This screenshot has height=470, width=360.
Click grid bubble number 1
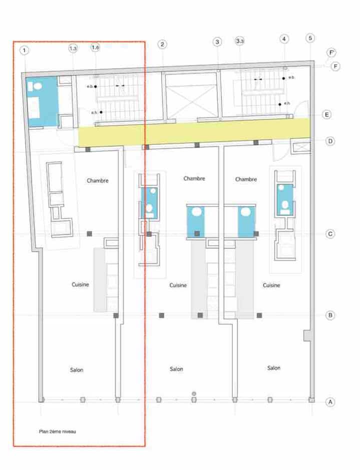click(x=24, y=50)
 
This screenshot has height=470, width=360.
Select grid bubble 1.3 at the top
click(x=73, y=48)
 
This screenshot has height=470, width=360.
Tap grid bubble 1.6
click(x=95, y=47)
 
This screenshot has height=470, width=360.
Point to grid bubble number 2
click(x=162, y=44)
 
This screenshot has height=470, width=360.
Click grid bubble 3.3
click(x=239, y=41)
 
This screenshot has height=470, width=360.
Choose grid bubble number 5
click(x=310, y=38)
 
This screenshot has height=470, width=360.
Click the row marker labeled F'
click(x=331, y=53)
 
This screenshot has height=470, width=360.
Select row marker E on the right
click(x=326, y=114)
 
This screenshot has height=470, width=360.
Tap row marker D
click(x=330, y=141)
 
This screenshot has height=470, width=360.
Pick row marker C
click(x=330, y=234)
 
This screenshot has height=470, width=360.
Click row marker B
click(x=330, y=315)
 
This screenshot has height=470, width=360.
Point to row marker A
click(x=330, y=402)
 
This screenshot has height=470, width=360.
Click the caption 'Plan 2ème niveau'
click(x=57, y=431)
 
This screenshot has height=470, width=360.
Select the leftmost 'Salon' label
click(x=76, y=370)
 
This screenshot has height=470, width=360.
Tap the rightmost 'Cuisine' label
click(x=271, y=285)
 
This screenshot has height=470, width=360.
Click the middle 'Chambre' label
click(x=194, y=178)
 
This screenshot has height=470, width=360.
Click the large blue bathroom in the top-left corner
click(x=41, y=102)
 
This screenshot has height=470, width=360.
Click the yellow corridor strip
click(x=194, y=132)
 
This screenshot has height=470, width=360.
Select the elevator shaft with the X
click(x=191, y=95)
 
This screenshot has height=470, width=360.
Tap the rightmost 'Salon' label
click(x=274, y=368)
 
